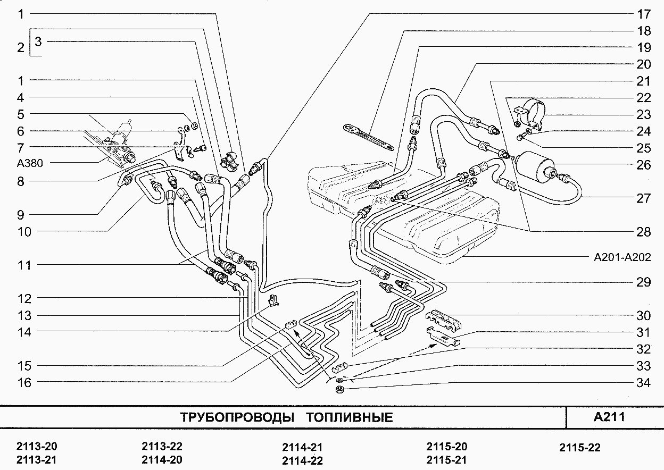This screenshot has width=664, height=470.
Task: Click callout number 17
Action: (643, 14)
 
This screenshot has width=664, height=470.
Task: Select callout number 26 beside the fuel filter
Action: (643, 165)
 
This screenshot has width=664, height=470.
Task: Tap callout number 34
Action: (643, 383)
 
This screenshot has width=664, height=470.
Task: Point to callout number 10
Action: (24, 232)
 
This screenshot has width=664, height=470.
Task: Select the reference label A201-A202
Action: (622, 257)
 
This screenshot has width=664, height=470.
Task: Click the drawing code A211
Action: (609, 416)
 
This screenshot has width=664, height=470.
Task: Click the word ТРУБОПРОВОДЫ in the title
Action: (237, 417)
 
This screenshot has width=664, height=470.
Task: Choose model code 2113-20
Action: (36, 446)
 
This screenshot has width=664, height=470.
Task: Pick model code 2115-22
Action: (580, 448)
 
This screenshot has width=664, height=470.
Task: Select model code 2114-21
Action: (302, 448)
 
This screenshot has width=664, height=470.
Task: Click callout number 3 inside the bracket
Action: (38, 40)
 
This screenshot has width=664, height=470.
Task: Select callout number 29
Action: (643, 282)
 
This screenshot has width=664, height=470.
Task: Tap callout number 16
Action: (24, 383)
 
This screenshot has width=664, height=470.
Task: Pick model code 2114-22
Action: (302, 460)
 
